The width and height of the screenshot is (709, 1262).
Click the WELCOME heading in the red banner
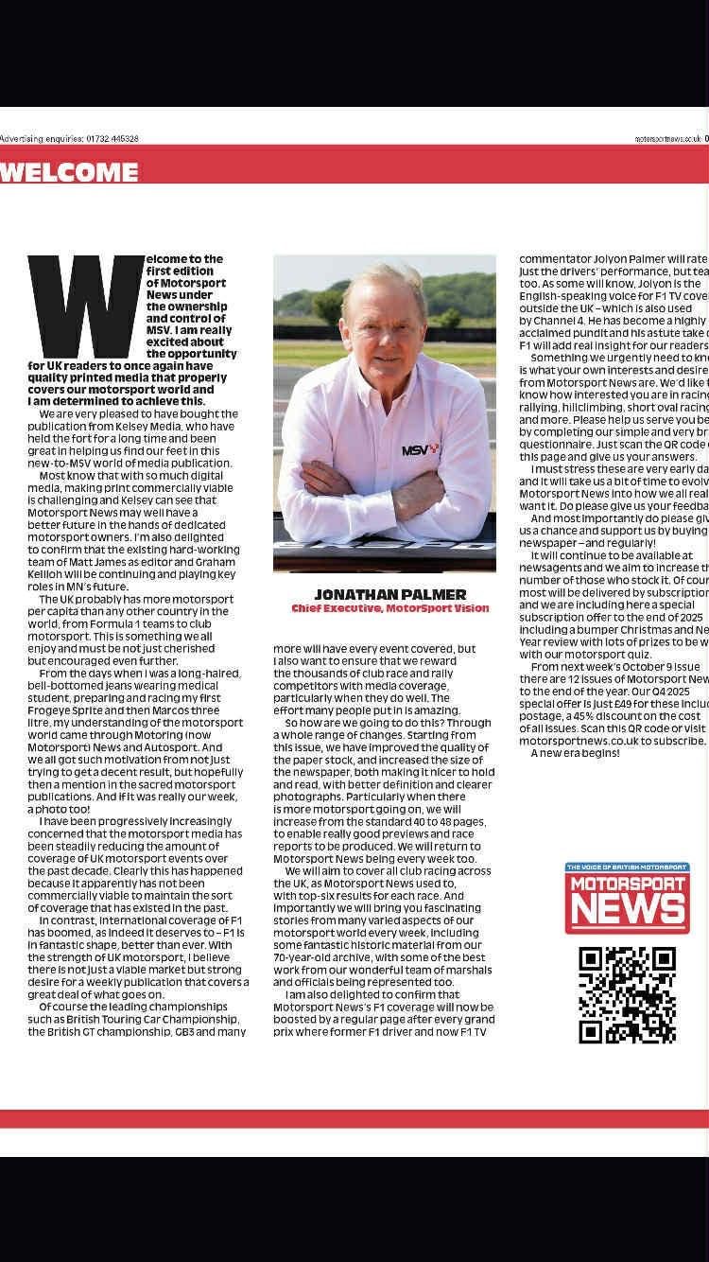(69, 173)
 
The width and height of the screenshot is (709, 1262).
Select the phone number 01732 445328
(112, 138)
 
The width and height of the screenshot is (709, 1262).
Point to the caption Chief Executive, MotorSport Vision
(389, 608)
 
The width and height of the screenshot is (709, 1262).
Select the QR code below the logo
(627, 994)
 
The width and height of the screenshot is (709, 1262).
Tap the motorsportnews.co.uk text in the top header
(668, 138)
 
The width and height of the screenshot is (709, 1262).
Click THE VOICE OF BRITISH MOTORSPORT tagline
(627, 867)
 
